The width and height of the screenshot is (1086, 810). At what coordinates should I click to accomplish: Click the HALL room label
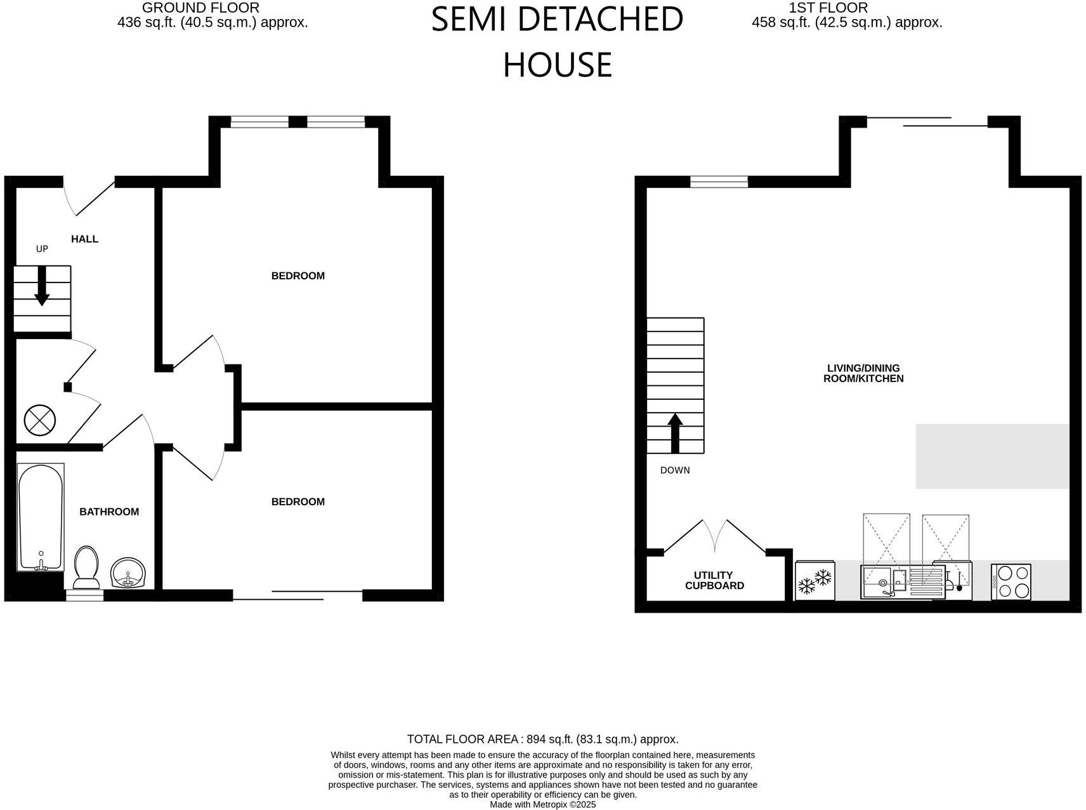[x=84, y=239]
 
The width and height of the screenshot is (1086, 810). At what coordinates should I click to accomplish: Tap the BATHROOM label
[x=109, y=512]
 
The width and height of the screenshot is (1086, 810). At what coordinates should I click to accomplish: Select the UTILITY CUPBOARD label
[x=714, y=580]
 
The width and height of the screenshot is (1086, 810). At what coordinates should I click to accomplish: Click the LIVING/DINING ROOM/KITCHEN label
[x=863, y=373]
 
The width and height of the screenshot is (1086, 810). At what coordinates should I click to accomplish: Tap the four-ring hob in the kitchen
[x=1011, y=581]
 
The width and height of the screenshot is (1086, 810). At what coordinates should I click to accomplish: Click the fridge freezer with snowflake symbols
[x=814, y=580]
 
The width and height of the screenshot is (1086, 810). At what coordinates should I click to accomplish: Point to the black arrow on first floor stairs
[x=675, y=433]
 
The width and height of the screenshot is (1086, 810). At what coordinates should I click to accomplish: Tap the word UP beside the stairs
[x=42, y=249]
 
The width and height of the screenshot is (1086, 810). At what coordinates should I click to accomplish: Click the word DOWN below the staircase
[x=675, y=470]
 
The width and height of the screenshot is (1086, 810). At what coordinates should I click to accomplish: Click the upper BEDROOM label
[x=298, y=276]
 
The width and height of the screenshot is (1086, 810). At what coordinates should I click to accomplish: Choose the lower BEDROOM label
[x=298, y=501]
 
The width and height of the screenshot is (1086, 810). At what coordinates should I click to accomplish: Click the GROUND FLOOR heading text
[x=200, y=8]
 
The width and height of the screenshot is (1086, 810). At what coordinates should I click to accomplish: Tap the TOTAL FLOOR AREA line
[x=542, y=739]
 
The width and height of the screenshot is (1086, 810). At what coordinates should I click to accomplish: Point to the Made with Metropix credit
[x=542, y=804]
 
